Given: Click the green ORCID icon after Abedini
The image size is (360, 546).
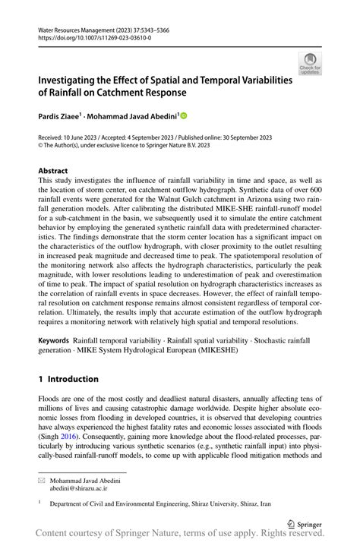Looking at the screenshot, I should click(x=183, y=116).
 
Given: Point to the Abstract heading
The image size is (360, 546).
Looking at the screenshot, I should click(x=52, y=172).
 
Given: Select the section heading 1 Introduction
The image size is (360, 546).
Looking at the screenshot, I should click(x=68, y=379).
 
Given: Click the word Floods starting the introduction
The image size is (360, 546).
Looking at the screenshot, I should click(x=50, y=399).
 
